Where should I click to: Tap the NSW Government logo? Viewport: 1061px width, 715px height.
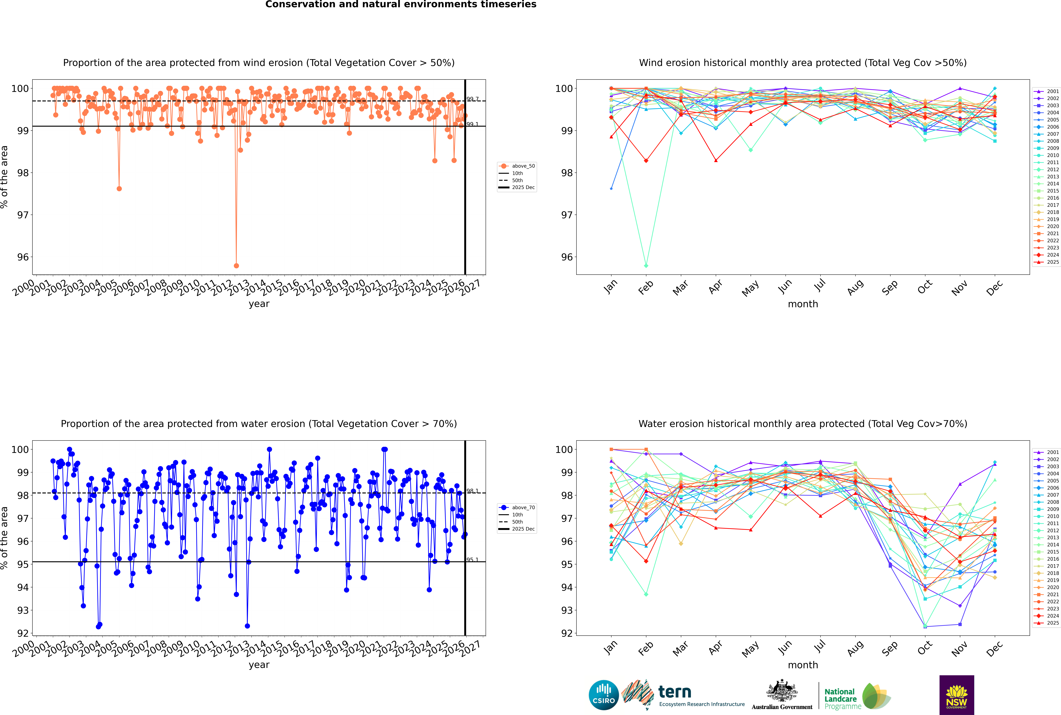click(x=957, y=695)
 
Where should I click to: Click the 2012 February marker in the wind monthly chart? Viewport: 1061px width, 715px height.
click(x=646, y=265)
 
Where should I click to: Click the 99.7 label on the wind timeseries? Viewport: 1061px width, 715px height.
click(x=473, y=99)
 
